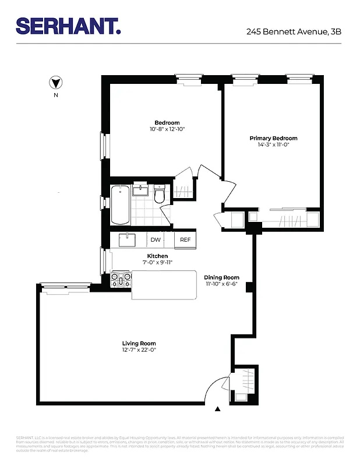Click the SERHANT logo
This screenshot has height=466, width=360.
[68, 26]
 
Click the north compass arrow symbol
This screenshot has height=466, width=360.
[56, 83]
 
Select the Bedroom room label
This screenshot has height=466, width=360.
[167, 123]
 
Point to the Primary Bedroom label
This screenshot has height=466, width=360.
[273, 138]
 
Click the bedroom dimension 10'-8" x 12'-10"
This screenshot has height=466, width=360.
[167, 129]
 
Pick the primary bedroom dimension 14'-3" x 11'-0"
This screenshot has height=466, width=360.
[273, 144]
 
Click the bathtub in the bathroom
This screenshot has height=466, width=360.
[121, 204]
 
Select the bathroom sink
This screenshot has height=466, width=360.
[141, 190]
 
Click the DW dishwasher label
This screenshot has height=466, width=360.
[156, 239]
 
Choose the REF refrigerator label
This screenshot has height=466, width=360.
[185, 239]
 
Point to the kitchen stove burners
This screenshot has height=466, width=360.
[121, 279]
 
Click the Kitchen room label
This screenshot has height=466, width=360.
[157, 256]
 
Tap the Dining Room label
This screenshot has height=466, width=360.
[221, 277]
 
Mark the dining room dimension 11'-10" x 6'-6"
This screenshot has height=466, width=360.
[221, 284]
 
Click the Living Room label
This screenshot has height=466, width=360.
[139, 343]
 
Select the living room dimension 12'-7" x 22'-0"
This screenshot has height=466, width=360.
[139, 349]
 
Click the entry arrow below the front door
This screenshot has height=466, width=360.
[218, 409]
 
